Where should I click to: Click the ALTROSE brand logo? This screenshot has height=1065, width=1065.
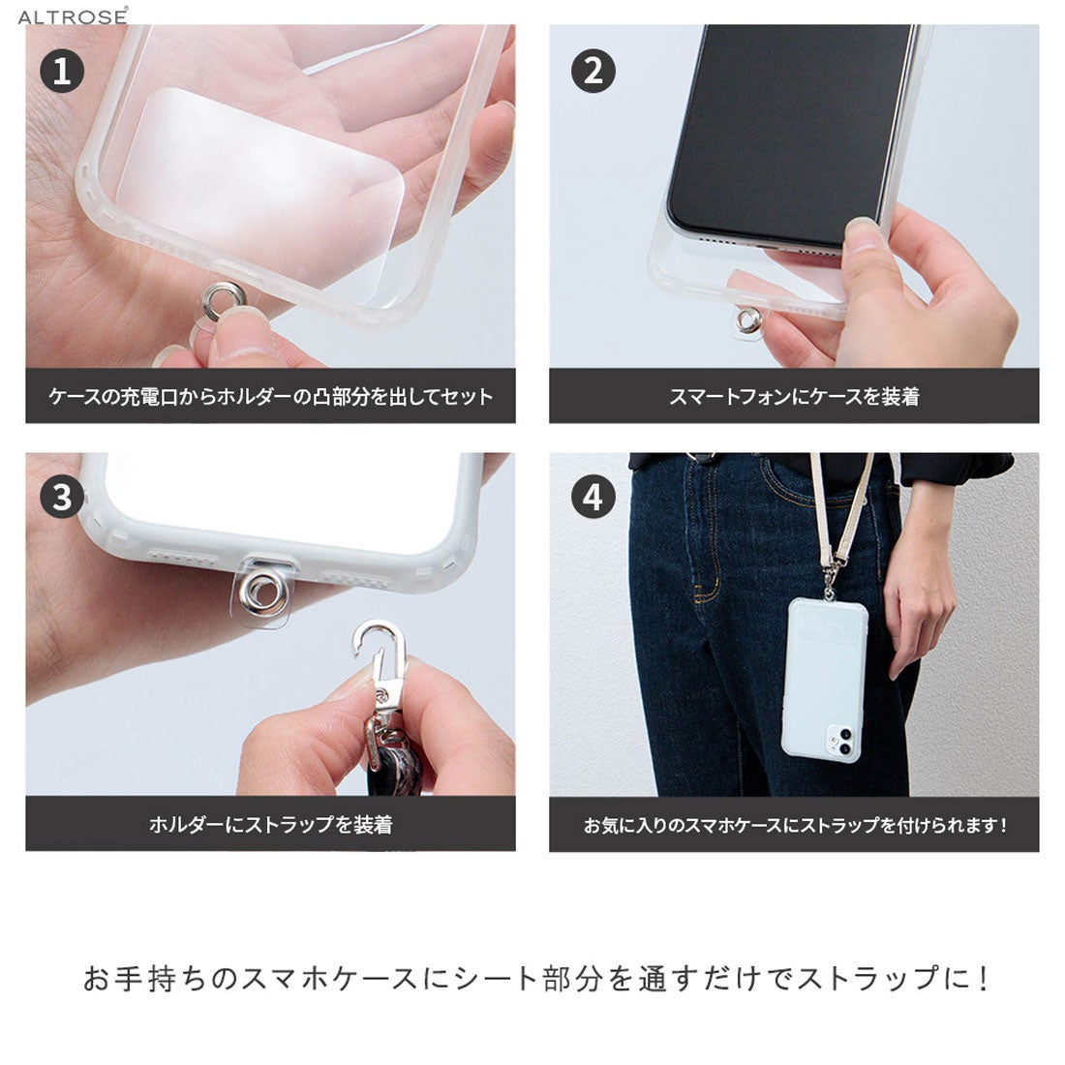pos(72,16)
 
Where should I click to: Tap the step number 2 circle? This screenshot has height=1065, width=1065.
pos(593,72)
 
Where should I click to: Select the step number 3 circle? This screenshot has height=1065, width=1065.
pos(63,498)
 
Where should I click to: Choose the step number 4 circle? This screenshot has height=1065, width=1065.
pos(593,498)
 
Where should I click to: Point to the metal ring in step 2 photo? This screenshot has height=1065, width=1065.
pos(747,319)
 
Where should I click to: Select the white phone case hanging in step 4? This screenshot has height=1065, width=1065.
pos(824,678)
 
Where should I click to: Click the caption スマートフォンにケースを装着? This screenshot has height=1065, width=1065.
pos(794,396)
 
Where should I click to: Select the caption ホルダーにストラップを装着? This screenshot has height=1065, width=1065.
pos(270,825)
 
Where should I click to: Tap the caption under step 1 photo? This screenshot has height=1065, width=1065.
pos(270,396)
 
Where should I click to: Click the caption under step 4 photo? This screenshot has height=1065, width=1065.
pos(794,825)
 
